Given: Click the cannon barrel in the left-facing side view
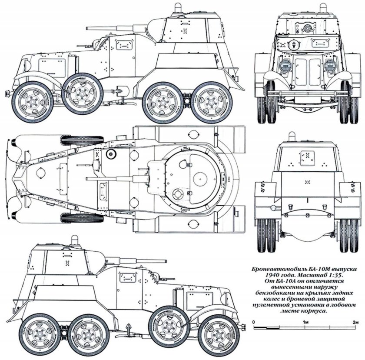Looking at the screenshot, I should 130,27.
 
